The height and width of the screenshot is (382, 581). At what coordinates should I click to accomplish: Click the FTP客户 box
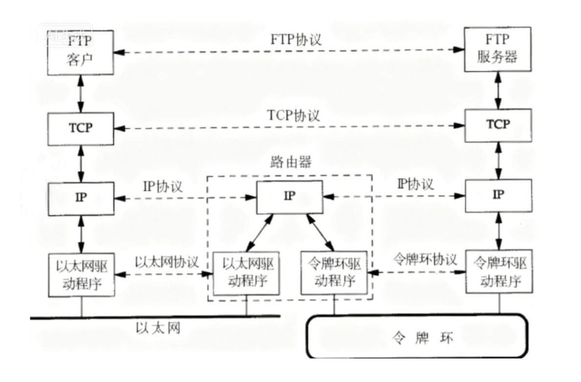click(x=81, y=53)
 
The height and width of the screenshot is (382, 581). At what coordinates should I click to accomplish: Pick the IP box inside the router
click(x=290, y=197)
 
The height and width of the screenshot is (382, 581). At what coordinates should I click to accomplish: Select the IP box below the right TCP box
click(x=498, y=195)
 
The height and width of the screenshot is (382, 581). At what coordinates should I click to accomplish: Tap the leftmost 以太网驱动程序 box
click(x=82, y=274)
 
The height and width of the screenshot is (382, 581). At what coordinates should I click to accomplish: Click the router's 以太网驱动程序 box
click(x=247, y=273)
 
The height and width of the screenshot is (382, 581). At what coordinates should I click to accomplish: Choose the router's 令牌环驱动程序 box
click(x=334, y=273)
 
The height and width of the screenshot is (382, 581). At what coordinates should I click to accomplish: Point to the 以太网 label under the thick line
click(x=158, y=328)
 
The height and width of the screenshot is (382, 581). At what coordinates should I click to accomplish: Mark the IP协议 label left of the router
click(x=163, y=186)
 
